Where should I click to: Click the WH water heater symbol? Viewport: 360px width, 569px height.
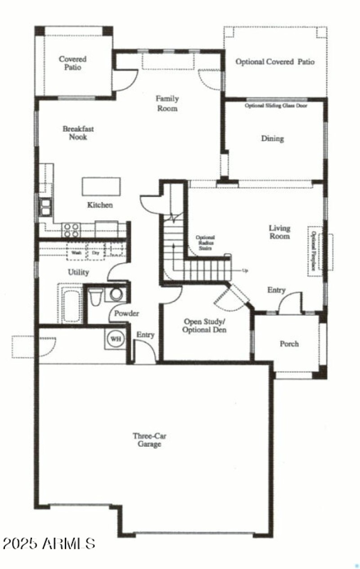pos(116,339)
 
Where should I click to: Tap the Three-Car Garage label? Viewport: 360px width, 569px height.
pos(147,439)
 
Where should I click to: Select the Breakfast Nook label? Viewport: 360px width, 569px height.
pos(78,133)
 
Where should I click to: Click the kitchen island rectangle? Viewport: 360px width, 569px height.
pos(101,186)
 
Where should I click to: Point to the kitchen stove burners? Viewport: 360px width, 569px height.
pos(71,230)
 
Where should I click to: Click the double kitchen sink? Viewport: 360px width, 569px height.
pos(45,207)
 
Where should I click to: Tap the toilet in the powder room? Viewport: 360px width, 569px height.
pos(96,297)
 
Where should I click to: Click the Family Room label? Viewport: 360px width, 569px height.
pos(167,103)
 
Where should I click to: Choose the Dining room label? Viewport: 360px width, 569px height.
pos(272,139)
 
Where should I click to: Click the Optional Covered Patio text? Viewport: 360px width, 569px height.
pos(275,62)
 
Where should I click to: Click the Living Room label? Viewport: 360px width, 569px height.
pos(279,232)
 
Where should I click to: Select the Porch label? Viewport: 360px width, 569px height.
pos(289,344)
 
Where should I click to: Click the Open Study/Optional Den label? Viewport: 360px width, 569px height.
pos(205,326)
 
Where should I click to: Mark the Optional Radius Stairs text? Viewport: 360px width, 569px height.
pos(205,243)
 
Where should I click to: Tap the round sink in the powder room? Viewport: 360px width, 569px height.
pos(117,295)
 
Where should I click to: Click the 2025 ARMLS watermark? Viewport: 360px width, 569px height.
pos(49,543)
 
